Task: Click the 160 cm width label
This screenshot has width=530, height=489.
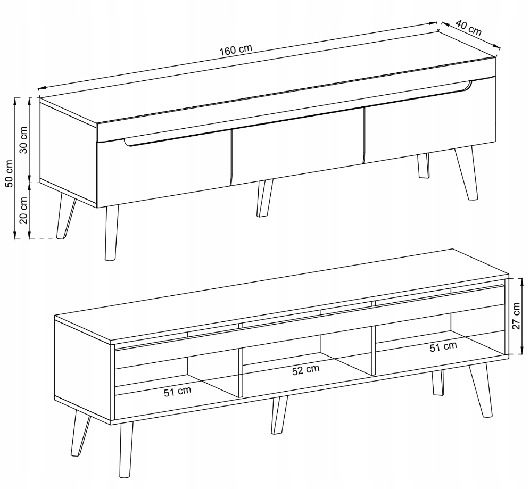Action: pyautogui.click(x=236, y=49)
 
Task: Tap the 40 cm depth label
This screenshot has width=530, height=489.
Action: pyautogui.click(x=468, y=28)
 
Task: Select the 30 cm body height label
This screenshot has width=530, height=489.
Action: pyautogui.click(x=23, y=139)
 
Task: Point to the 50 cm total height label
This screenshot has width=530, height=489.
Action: pyautogui.click(x=9, y=173)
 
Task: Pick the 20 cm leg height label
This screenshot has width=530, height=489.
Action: pyautogui.click(x=23, y=210)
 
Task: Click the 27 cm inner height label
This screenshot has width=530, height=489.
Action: pyautogui.click(x=516, y=316)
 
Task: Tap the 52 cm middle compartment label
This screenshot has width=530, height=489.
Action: pyautogui.click(x=305, y=370)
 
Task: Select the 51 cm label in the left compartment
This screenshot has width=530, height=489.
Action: pyautogui.click(x=178, y=391)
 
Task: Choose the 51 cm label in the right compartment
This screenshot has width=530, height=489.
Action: pyautogui.click(x=443, y=346)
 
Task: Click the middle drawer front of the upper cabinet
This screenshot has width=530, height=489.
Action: pyautogui.click(x=297, y=146)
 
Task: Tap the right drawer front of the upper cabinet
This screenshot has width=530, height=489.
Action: pyautogui.click(x=430, y=120)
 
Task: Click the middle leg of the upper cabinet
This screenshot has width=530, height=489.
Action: pyautogui.click(x=264, y=198)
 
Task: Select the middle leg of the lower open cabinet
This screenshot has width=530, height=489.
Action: pyautogui.click(x=279, y=415)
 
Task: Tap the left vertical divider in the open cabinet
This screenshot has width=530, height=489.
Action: pyautogui.click(x=241, y=373)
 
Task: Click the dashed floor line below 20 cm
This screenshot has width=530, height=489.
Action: pyautogui.click(x=46, y=239)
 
